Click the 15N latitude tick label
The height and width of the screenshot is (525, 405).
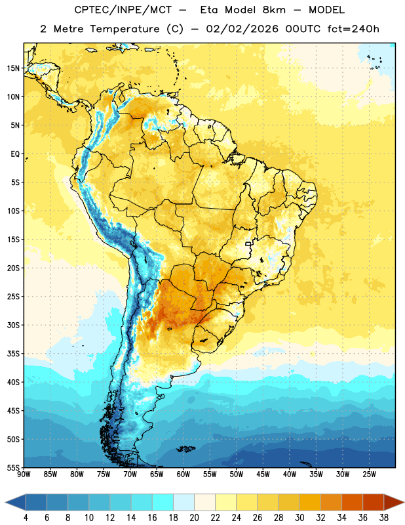[x=13, y=68]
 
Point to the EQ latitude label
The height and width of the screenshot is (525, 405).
[x=15, y=154]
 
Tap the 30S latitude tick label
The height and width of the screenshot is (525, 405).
[x=13, y=325]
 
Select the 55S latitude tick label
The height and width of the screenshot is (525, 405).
[x=13, y=468]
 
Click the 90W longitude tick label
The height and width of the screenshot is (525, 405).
[x=24, y=474]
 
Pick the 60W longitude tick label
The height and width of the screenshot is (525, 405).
[x=183, y=474]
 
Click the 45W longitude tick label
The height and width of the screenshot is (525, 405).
[x=263, y=474]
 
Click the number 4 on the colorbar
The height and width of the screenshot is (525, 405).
[x=26, y=518]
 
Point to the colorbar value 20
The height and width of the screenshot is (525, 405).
[x=194, y=518]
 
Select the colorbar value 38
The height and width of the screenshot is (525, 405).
[x=384, y=518]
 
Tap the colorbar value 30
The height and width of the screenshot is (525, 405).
[x=299, y=518]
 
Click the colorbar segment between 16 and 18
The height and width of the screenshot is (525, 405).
[x=163, y=502]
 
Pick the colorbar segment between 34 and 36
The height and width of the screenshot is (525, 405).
[x=352, y=502]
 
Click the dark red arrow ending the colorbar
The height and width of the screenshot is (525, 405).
[x=394, y=502]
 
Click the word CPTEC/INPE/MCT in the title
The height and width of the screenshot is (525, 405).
[x=123, y=10]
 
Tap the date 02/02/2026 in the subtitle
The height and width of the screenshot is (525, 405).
[x=242, y=29]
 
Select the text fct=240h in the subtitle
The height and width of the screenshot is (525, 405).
[x=353, y=29]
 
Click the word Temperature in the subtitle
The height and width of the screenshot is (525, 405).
[x=125, y=29]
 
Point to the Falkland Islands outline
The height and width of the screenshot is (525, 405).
[x=185, y=449]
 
